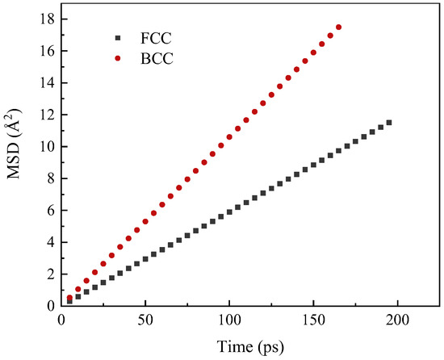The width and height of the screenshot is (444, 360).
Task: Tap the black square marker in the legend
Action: click(x=118, y=38)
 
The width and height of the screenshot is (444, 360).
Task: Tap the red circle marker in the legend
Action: click(x=118, y=60)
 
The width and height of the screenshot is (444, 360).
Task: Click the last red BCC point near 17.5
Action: click(x=338, y=27)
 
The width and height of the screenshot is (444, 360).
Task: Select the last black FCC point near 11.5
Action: click(x=389, y=123)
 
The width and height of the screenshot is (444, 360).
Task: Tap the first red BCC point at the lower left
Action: click(x=69, y=298)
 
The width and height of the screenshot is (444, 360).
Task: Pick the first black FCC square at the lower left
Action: click(x=69, y=301)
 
